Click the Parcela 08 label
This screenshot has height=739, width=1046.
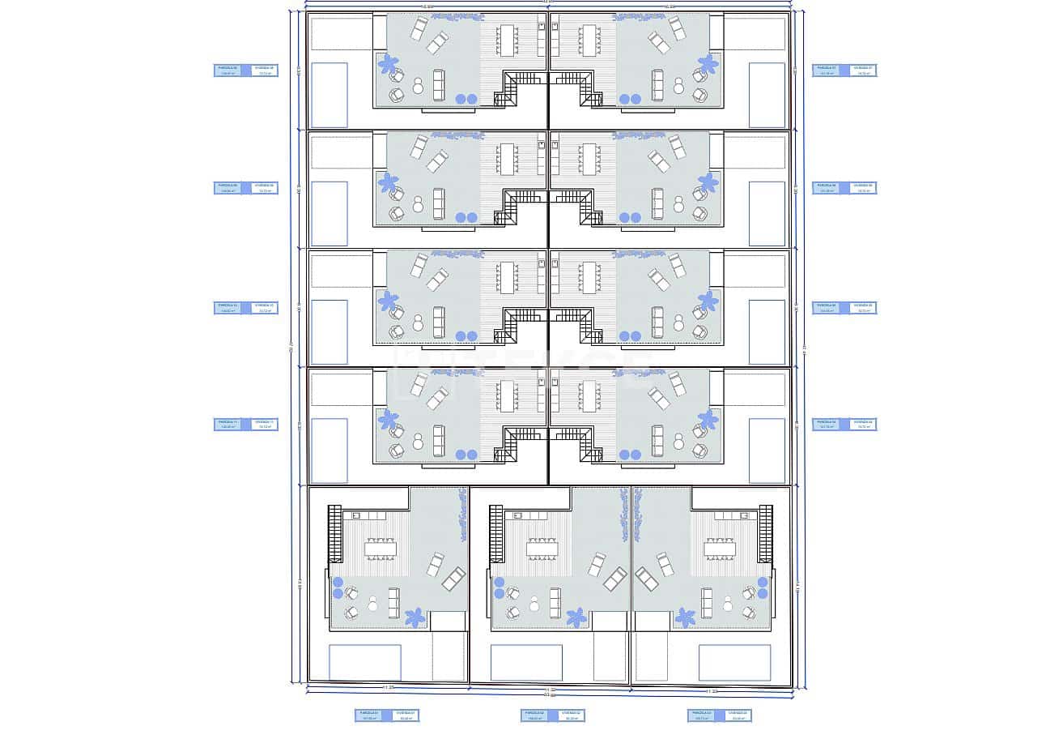[x=230, y=70]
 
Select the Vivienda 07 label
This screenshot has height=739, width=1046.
[x=861, y=70]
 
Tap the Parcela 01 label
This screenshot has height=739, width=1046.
[x=371, y=716]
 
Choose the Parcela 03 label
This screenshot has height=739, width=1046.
[x=703, y=716]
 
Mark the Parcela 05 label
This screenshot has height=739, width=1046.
[x=828, y=308]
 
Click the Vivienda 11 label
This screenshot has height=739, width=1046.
[x=263, y=424]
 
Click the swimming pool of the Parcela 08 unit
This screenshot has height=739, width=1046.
[x=330, y=95]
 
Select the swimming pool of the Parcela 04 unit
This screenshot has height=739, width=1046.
[x=767, y=451]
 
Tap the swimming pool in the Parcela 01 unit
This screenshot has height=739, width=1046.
[x=365, y=662]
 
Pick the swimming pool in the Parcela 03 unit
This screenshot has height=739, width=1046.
[x=734, y=662]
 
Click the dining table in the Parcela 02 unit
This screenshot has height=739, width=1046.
[x=542, y=549]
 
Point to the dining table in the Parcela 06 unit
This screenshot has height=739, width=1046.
[x=589, y=159]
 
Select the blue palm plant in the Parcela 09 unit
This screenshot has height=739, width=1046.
[x=389, y=181]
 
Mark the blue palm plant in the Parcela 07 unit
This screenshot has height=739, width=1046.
[x=708, y=62]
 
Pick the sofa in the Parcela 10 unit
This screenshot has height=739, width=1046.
[x=439, y=322]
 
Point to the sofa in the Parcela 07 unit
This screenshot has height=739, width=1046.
[x=657, y=84]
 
